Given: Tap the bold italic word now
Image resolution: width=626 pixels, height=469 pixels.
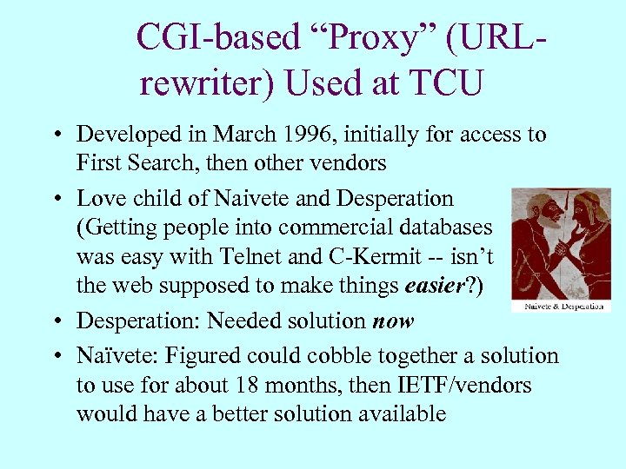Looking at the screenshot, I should click(393, 320).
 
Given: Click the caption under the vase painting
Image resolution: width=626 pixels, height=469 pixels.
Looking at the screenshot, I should click(561, 307).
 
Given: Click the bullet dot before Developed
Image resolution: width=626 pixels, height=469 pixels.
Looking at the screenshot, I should click(55, 135).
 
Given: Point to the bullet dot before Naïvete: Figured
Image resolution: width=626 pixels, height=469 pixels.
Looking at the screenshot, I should click(55, 356).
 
